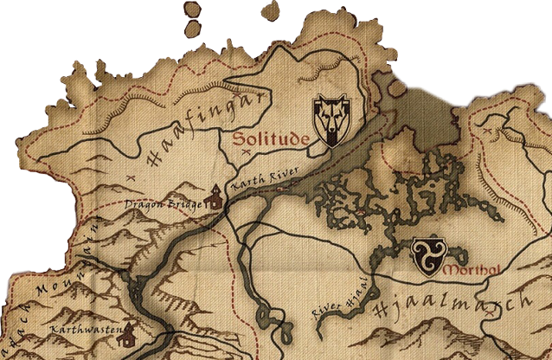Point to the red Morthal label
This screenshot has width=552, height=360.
point(465,271)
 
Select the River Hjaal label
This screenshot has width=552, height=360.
point(340,297)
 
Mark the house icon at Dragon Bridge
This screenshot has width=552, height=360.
point(213,198)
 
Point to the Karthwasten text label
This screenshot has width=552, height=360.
point(83,331)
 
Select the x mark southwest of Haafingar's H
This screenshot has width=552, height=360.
point(130,176)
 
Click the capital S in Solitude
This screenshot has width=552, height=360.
point(236,138)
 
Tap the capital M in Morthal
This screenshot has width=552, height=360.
point(446,271)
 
